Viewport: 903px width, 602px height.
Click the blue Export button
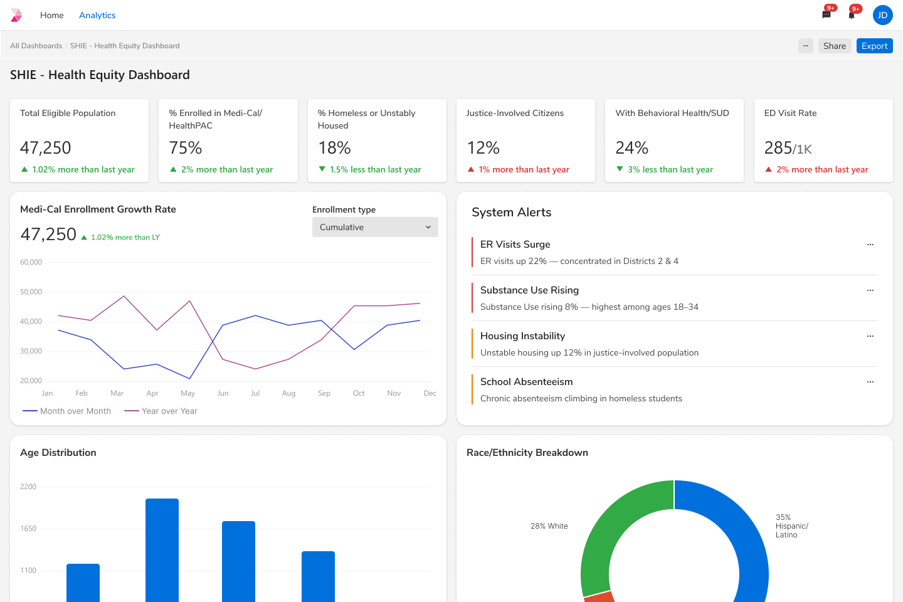(x=874, y=46)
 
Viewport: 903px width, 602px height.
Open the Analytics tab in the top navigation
(x=97, y=15)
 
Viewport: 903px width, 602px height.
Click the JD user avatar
(x=882, y=15)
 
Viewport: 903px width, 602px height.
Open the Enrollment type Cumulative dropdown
(x=375, y=227)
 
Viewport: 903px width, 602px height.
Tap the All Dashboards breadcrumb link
(x=36, y=46)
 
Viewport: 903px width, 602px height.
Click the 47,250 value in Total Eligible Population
(x=46, y=148)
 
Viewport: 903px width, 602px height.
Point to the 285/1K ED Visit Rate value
(x=788, y=148)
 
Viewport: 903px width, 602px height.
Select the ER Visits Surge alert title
(x=515, y=245)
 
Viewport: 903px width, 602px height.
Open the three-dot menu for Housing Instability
(x=870, y=336)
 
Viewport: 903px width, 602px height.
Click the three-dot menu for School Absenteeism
(x=870, y=382)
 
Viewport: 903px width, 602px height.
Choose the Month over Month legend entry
(x=67, y=411)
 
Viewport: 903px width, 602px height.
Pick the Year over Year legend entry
(x=161, y=411)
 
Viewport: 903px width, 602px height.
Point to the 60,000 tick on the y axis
(x=31, y=262)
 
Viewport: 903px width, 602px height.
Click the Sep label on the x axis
(x=324, y=393)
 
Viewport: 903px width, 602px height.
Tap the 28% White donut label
(x=549, y=526)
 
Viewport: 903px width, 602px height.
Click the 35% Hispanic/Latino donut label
(x=791, y=526)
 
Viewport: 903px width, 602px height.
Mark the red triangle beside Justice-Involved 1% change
(x=471, y=169)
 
